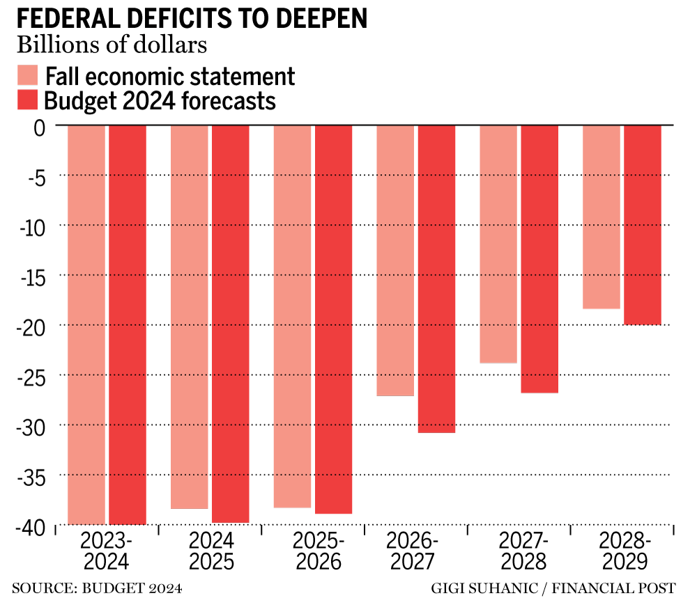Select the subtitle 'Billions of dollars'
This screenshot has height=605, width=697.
(x=112, y=45)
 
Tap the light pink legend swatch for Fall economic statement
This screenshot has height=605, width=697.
(x=28, y=75)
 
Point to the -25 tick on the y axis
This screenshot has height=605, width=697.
(x=29, y=375)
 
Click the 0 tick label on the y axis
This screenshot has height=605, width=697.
(x=39, y=127)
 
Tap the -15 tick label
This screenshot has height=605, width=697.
(x=29, y=276)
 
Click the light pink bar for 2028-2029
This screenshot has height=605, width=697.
(x=601, y=217)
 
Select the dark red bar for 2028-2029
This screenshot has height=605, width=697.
(x=642, y=225)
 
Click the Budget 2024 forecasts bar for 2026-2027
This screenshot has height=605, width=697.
(x=436, y=278)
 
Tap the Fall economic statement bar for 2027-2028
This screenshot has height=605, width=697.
(x=498, y=244)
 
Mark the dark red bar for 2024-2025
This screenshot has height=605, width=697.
(x=230, y=324)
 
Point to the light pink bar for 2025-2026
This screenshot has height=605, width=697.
(x=292, y=316)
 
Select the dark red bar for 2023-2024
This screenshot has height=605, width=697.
(x=127, y=324)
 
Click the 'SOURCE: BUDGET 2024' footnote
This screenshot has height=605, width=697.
(x=97, y=589)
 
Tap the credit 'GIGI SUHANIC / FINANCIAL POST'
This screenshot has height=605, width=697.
(x=553, y=589)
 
